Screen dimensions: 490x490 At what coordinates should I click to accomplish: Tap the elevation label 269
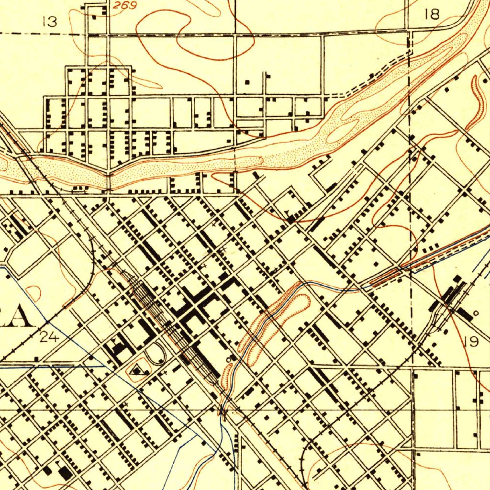pyautogui.click(x=125, y=6)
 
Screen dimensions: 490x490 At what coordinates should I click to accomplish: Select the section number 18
pyautogui.click(x=432, y=15)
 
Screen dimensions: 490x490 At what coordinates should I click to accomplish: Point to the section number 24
pyautogui.click(x=49, y=337)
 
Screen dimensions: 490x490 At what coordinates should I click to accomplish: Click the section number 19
pyautogui.click(x=471, y=342)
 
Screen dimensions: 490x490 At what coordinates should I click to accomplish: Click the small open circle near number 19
pyautogui.click(x=475, y=313)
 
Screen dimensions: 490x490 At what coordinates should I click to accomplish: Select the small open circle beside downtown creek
pyautogui.click(x=229, y=358)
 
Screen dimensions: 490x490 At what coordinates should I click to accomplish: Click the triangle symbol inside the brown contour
pyautogui.click(x=139, y=370)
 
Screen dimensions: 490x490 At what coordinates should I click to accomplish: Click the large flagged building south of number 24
pyautogui.click(x=63, y=473)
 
